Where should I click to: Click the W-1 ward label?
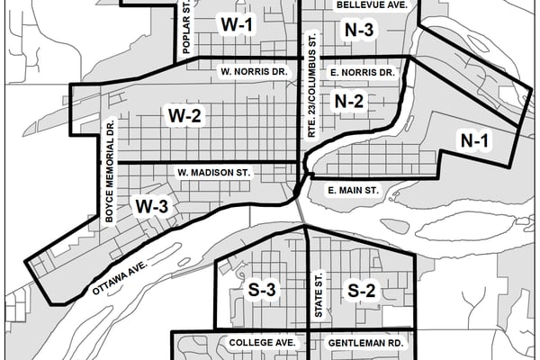tap(238, 25)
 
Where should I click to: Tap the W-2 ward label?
tap(183, 114)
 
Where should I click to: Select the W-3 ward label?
tap(152, 206)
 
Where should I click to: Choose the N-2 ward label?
tap(348, 100)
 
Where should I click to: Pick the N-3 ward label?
tap(359, 30)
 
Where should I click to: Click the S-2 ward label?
tap(361, 290)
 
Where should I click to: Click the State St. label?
tap(316, 294)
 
